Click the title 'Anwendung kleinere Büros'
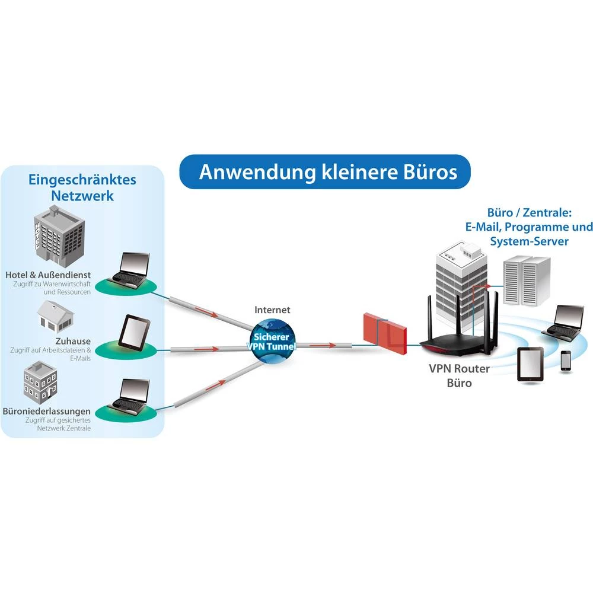point(328,172)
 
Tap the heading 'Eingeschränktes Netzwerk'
point(82,187)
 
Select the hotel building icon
point(59,234)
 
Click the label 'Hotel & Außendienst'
point(48,276)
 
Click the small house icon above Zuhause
point(55,314)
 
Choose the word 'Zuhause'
point(72,342)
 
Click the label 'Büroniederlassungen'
point(47,411)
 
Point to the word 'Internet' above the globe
point(272,310)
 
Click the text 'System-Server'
point(529,241)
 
